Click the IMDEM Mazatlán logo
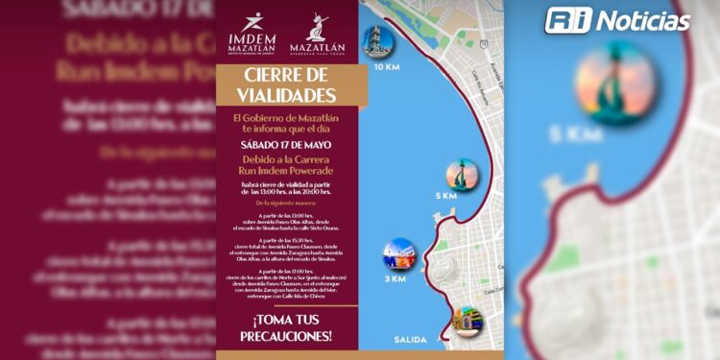tap(252, 36)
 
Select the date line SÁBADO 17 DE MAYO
tap(287, 145)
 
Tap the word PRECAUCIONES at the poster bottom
tap(287, 336)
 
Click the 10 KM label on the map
tap(386, 67)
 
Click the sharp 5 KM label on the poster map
tap(445, 196)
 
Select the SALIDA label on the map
tap(411, 340)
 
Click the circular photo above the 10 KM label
tap(377, 42)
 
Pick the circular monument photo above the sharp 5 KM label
tap(462, 175)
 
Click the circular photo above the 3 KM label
tap(399, 254)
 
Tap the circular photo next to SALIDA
tap(468, 322)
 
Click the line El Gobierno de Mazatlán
tap(287, 117)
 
